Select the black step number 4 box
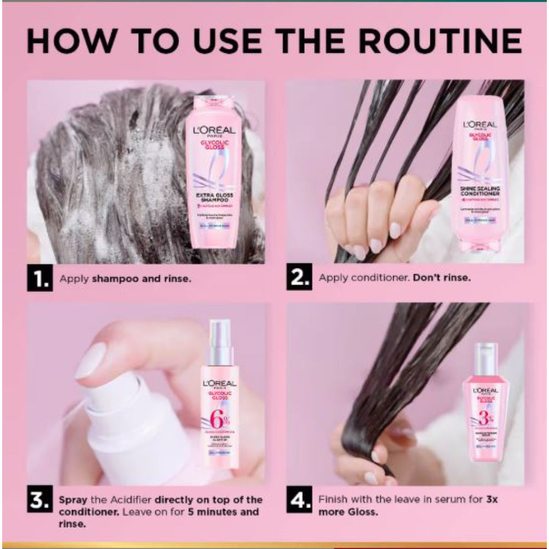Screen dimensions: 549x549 300,501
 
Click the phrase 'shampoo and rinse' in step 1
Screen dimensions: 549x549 142,278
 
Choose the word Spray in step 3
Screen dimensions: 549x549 72,500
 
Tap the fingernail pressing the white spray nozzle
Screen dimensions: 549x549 91,361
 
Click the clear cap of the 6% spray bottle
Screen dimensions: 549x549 220,343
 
